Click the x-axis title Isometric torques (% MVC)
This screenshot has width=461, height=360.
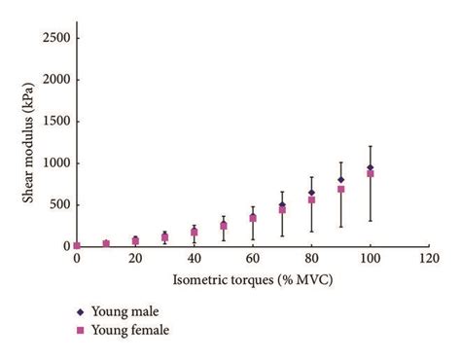[250, 282]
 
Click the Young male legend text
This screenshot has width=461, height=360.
[131, 312]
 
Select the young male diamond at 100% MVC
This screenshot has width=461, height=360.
[370, 167]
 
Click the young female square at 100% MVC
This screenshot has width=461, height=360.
[370, 173]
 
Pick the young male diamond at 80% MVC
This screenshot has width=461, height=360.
[311, 193]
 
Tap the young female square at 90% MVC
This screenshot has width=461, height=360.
[340, 189]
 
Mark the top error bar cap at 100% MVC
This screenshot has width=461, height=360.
[370, 146]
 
